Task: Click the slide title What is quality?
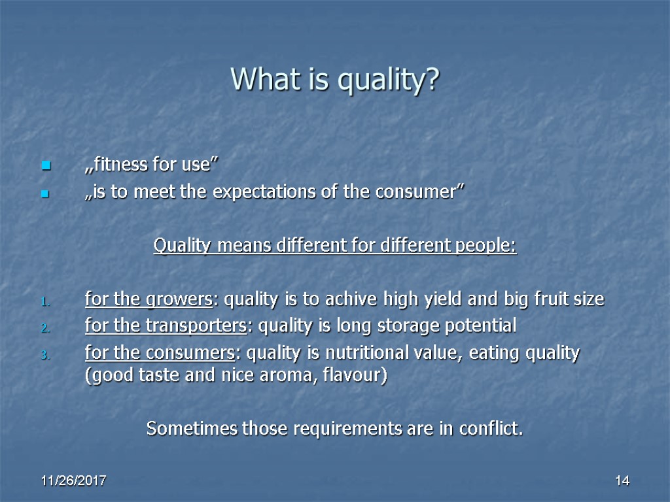[335, 80]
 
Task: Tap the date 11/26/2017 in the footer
[74, 481]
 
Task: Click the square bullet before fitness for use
[46, 167]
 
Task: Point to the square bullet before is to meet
[46, 194]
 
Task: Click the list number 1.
[44, 301]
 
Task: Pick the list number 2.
[44, 328]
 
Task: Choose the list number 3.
[44, 356]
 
